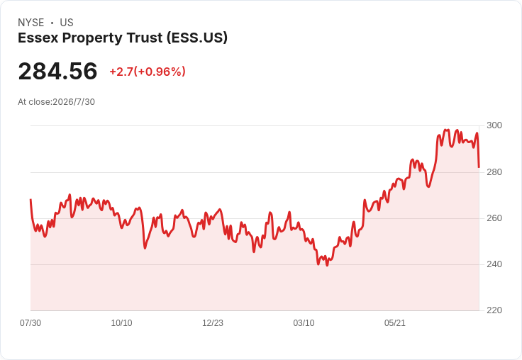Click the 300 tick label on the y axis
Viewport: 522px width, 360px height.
pyautogui.click(x=494, y=125)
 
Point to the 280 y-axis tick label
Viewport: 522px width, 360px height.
pyautogui.click(x=494, y=172)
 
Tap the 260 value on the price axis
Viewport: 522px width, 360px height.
pyautogui.click(x=494, y=218)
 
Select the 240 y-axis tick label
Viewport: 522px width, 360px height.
pyautogui.click(x=494, y=264)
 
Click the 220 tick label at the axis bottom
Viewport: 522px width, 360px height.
pyautogui.click(x=494, y=310)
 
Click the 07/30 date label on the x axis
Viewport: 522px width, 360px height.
pyautogui.click(x=30, y=323)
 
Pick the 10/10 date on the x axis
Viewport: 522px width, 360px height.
pyautogui.click(x=121, y=323)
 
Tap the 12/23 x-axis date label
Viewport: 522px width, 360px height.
pyautogui.click(x=213, y=323)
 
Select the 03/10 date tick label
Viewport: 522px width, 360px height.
pyautogui.click(x=304, y=323)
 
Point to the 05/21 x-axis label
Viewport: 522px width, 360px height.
pyautogui.click(x=395, y=323)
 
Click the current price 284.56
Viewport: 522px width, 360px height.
pyautogui.click(x=57, y=71)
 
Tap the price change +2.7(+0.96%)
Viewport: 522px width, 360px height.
pyautogui.click(x=148, y=72)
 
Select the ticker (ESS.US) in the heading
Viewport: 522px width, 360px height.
pyautogui.click(x=197, y=38)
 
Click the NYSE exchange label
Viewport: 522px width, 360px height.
pyautogui.click(x=31, y=23)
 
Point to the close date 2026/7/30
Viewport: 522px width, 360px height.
pyautogui.click(x=74, y=102)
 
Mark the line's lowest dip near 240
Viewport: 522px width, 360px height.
pyautogui.click(x=327, y=265)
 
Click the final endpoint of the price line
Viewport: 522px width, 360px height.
pyautogui.click(x=479, y=167)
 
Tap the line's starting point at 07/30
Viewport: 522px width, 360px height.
pyautogui.click(x=30, y=200)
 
